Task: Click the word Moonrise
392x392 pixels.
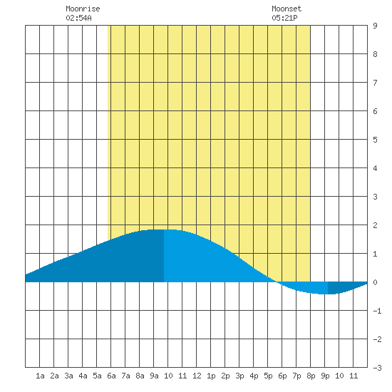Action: pyautogui.click(x=83, y=9)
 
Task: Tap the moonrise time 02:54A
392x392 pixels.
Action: pyautogui.click(x=78, y=18)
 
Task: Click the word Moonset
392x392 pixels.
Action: pyautogui.click(x=287, y=9)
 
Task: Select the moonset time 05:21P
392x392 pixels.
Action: pyautogui.click(x=284, y=18)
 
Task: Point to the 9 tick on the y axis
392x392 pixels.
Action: pyautogui.click(x=375, y=26)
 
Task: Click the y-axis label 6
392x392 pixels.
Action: pyautogui.click(x=375, y=111)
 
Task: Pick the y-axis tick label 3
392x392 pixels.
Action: pyautogui.click(x=375, y=197)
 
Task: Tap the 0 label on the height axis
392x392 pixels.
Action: pyautogui.click(x=375, y=282)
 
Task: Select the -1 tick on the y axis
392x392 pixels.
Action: pyautogui.click(x=377, y=311)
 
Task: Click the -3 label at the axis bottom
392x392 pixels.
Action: pyautogui.click(x=377, y=368)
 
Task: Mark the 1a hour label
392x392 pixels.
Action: pyautogui.click(x=40, y=376)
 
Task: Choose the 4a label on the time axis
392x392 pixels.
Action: pyautogui.click(x=83, y=376)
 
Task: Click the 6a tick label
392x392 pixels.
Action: pyautogui.click(x=111, y=376)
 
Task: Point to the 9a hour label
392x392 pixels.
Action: pyautogui.click(x=154, y=376)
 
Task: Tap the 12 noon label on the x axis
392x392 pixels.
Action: pyautogui.click(x=197, y=376)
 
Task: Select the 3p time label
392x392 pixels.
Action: pyautogui.click(x=239, y=376)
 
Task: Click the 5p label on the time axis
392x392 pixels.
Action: pyautogui.click(x=268, y=376)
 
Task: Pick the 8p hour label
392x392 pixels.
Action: pyautogui.click(x=311, y=376)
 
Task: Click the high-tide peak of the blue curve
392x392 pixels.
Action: pyautogui.click(x=164, y=229)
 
